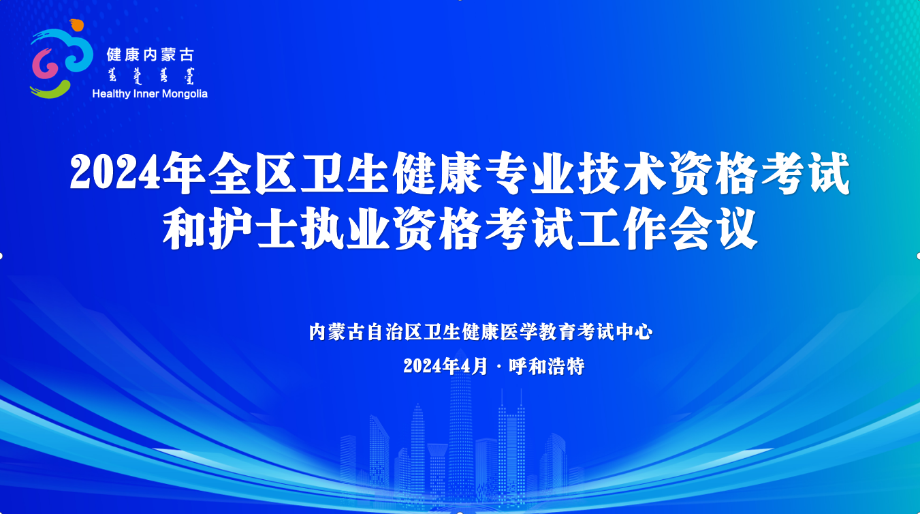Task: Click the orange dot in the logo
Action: [77, 25]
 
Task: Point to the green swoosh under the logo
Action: [50, 91]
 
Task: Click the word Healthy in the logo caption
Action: [111, 94]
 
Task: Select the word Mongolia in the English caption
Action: [185, 94]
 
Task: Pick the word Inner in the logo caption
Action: [146, 94]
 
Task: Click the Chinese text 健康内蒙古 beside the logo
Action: [150, 55]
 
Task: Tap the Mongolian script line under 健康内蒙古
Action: [150, 76]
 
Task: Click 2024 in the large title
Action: [115, 172]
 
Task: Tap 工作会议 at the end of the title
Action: [667, 228]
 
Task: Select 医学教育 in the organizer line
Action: [538, 332]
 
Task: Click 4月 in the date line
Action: [475, 366]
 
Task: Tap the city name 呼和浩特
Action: [547, 366]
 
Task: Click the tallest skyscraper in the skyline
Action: [460, 427]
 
